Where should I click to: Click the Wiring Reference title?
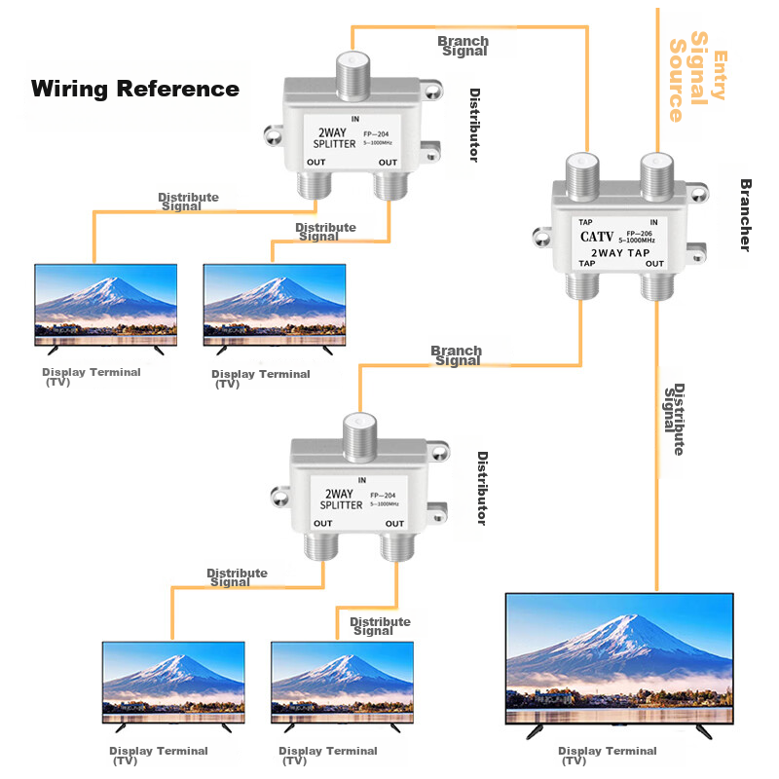[135, 89]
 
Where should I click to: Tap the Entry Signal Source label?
[696, 78]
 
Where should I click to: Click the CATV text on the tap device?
[595, 236]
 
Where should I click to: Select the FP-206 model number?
[638, 232]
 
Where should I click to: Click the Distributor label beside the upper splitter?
[474, 126]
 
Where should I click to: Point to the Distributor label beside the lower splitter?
[481, 488]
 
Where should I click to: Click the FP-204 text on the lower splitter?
[383, 497]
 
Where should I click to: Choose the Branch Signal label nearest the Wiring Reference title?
[464, 46]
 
